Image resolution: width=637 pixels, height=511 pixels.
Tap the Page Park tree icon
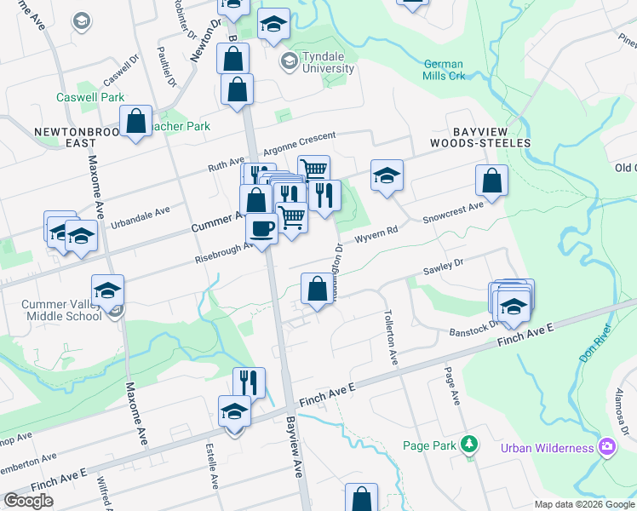click(468, 444)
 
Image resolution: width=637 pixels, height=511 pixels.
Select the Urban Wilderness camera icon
click(606, 446)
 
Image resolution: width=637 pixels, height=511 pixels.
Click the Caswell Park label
click(90, 98)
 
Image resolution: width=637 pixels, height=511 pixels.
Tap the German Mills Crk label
click(444, 70)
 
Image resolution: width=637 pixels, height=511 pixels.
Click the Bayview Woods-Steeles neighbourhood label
click(480, 136)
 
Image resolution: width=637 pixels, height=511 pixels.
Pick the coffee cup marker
click(261, 228)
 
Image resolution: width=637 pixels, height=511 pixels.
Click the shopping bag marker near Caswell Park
click(136, 122)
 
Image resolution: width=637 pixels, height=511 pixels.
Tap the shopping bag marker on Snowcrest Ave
click(491, 181)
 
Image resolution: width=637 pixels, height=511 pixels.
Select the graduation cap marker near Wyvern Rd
click(387, 176)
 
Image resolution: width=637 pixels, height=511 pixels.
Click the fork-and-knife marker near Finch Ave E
click(249, 383)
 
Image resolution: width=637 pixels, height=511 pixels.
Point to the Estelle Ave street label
click(209, 463)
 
